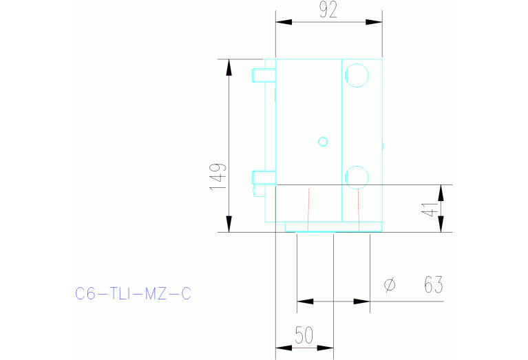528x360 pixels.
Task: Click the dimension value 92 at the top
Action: point(328,11)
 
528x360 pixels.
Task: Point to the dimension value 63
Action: point(432,284)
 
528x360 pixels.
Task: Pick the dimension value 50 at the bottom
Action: point(304,335)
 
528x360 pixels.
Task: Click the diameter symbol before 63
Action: point(390,284)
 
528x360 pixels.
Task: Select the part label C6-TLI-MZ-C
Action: point(133,294)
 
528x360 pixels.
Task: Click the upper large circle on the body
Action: point(357,75)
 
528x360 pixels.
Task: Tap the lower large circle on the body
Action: point(357,176)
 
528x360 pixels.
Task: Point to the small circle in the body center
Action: point(322,142)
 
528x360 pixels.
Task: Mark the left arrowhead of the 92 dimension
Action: point(284,22)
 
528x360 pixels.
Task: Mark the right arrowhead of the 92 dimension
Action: point(374,22)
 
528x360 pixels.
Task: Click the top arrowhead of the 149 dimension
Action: point(228,67)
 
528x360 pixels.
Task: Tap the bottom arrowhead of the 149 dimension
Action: point(228,224)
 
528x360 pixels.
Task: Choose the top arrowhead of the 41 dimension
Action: point(441,192)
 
